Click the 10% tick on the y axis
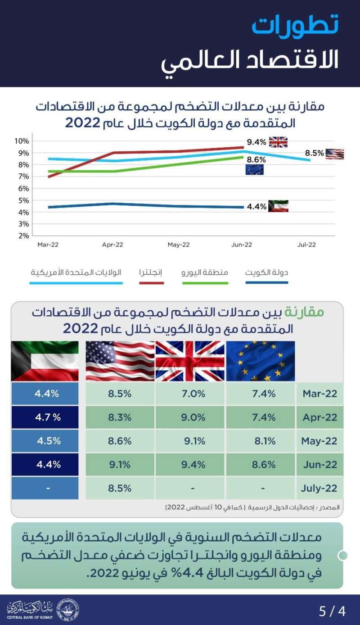(x=22, y=141)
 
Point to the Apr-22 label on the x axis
(x=112, y=245)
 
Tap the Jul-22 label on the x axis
(x=306, y=245)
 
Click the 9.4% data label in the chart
(x=256, y=142)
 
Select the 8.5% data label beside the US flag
(x=315, y=153)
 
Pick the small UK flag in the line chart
(x=278, y=142)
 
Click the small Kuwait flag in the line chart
(x=278, y=206)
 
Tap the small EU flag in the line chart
(x=255, y=170)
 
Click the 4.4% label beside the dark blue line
(x=256, y=207)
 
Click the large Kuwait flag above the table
(x=45, y=361)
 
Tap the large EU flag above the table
(x=261, y=361)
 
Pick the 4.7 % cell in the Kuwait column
(x=48, y=417)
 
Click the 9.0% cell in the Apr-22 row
(x=193, y=417)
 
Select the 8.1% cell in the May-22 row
(x=265, y=441)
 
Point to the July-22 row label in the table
(x=320, y=489)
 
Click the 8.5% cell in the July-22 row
(x=120, y=489)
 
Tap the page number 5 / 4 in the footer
(x=332, y=611)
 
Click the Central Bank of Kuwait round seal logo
(x=67, y=611)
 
